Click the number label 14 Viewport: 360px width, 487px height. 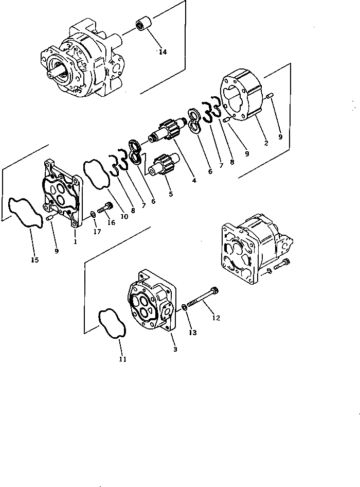tap(163, 52)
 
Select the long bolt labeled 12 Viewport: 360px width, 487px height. tap(202, 298)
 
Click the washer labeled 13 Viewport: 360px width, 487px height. tap(185, 308)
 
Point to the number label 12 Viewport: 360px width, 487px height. tap(215, 318)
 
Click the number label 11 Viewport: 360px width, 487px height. tap(122, 359)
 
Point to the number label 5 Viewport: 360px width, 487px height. tap(170, 194)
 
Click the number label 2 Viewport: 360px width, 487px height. tap(266, 144)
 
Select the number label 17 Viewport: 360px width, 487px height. tap(96, 232)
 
